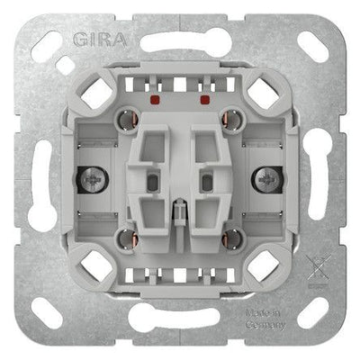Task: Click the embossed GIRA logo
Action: coord(99,39)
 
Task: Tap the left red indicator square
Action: coord(155,99)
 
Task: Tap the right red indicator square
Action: coord(205,99)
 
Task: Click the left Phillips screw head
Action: coord(93,180)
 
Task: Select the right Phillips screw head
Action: coord(266,180)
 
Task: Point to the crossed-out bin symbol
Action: coord(318,268)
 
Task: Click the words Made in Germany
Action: coord(265,319)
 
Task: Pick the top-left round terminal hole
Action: coord(128,120)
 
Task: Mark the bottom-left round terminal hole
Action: coord(128,239)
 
